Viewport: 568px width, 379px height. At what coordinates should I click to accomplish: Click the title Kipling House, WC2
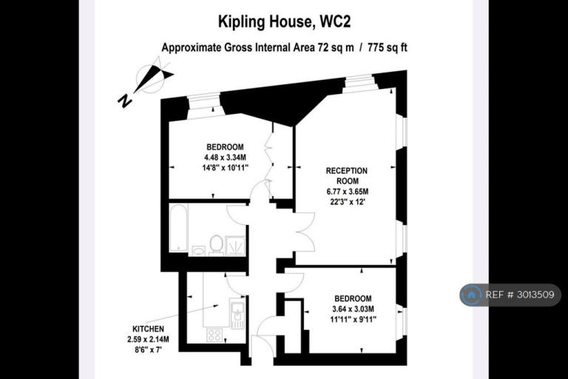point(284,22)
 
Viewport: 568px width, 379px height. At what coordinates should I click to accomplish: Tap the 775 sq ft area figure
point(388,47)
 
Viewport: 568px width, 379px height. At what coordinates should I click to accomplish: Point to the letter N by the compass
point(124,101)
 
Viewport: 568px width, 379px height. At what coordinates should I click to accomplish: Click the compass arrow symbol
point(153,78)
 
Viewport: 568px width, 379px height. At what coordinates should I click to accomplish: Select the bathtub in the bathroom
point(178,228)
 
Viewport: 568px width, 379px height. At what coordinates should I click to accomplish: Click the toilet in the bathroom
point(216,245)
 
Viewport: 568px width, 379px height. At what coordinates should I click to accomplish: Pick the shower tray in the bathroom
point(235,246)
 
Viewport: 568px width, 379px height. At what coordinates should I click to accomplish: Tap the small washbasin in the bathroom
point(198,251)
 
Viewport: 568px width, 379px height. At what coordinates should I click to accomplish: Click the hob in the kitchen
point(214,335)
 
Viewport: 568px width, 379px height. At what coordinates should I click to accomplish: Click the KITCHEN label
point(148,329)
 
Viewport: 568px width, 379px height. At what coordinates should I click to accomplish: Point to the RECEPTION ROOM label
point(347,176)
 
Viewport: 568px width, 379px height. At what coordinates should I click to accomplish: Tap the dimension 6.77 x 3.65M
point(348,192)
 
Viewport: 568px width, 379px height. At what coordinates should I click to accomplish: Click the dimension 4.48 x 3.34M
point(225,158)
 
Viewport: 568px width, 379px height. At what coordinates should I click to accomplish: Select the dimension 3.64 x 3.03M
point(354,309)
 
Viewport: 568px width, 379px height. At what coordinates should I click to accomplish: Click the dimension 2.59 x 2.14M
point(148,340)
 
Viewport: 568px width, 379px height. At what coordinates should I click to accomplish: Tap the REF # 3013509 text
point(520,295)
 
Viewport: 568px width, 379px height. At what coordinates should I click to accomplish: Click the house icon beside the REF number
point(471,295)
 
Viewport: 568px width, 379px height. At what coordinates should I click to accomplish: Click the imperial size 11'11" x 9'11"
point(354,320)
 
